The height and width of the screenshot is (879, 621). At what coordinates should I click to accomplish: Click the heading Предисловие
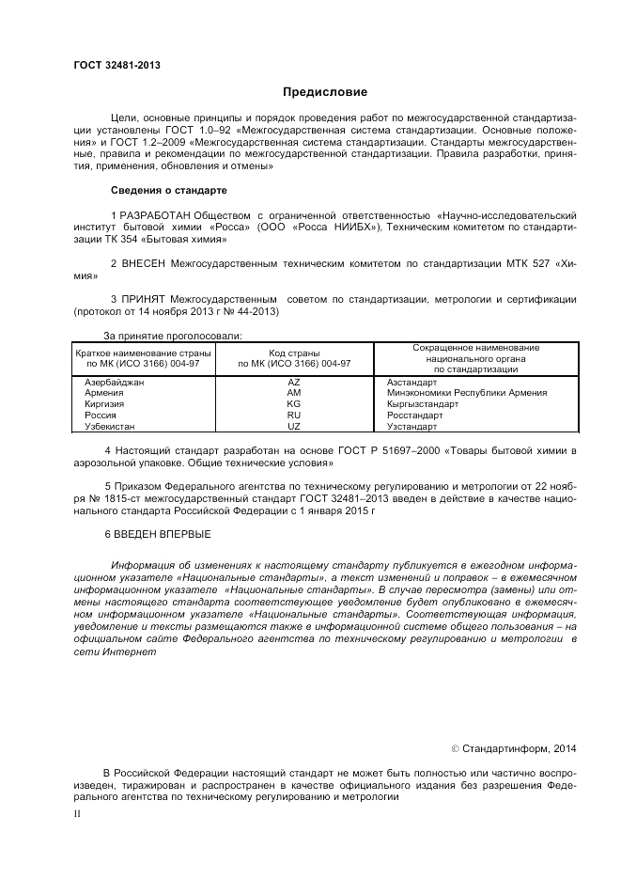click(325, 92)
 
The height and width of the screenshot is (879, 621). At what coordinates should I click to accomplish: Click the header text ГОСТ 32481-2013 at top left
click(116, 65)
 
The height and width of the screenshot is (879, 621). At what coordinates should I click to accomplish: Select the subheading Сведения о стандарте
click(168, 190)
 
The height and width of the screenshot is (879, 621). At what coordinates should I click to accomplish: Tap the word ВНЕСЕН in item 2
click(142, 264)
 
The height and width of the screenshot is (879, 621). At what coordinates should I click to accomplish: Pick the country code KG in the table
click(293, 404)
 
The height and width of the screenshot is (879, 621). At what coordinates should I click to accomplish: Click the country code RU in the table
click(293, 415)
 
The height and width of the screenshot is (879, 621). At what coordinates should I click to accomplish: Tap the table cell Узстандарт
click(412, 426)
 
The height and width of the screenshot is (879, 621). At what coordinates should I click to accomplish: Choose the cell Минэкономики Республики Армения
click(466, 393)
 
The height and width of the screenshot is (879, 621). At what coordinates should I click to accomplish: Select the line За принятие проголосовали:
click(172, 335)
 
